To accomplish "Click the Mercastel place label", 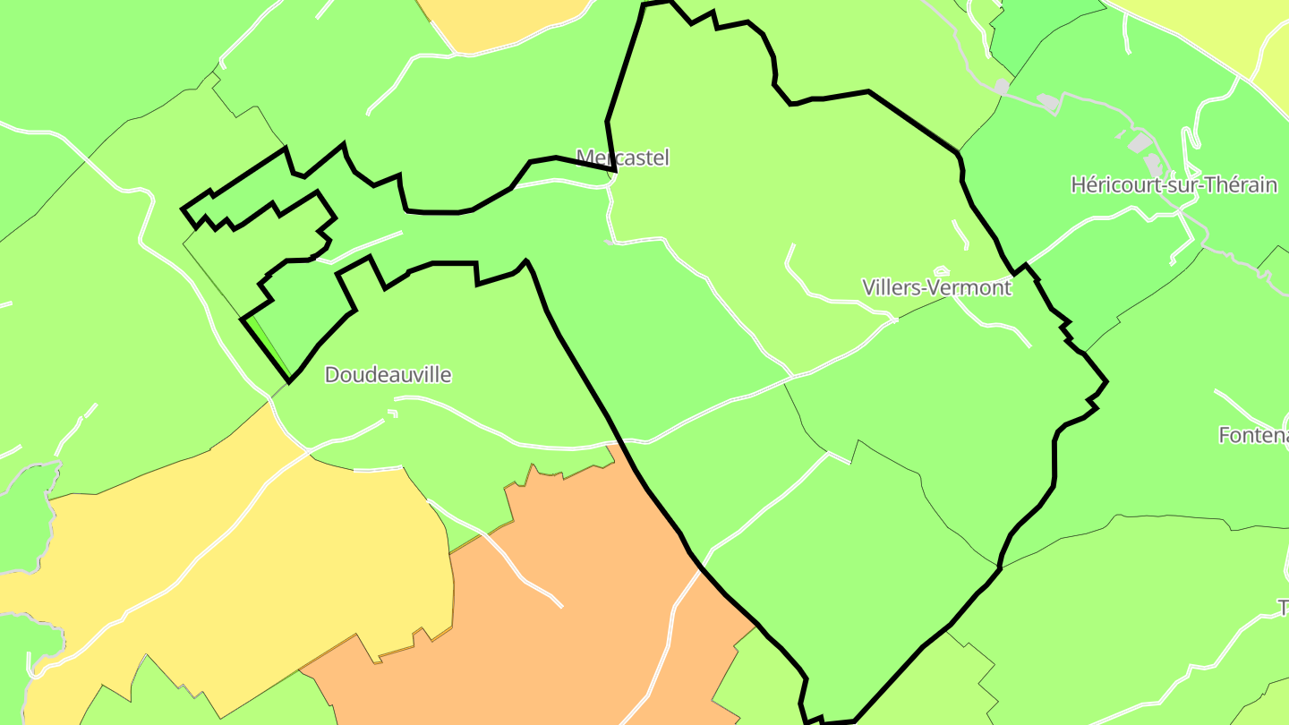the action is (x=623, y=158).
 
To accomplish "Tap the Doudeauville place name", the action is (x=388, y=374).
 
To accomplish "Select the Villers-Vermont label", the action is (x=936, y=287).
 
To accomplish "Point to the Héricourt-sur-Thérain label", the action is (x=1174, y=185).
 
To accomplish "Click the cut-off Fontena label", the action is (x=1253, y=435).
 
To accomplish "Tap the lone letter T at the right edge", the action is (x=1283, y=608).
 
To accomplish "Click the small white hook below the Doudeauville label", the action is (x=391, y=413).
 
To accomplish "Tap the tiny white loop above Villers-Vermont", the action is (x=941, y=270).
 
